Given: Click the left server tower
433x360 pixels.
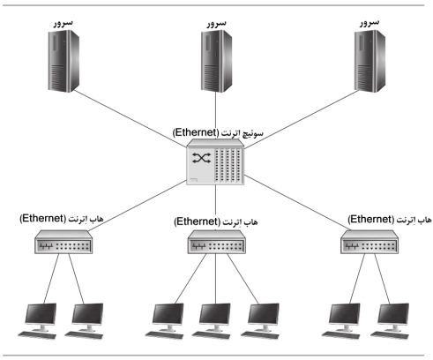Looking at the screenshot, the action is (x=63, y=61).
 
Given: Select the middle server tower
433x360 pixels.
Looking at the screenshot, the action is (x=216, y=61).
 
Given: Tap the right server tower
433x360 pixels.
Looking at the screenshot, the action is (x=370, y=61).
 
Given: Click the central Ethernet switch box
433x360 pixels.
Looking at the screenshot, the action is (x=215, y=161).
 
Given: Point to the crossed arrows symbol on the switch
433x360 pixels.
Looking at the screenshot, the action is (x=202, y=158).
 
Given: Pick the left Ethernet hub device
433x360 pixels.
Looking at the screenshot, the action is (x=63, y=242).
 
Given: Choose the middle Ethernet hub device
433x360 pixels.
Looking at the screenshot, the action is (x=217, y=242).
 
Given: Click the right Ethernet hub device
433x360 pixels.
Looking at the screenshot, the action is (x=370, y=242).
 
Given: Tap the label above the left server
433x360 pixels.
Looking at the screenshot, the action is (x=63, y=23).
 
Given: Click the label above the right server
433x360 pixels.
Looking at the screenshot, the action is (x=370, y=23).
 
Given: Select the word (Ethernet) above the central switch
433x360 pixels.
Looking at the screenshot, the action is (x=196, y=132).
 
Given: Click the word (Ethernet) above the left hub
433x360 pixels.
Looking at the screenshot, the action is (x=43, y=219).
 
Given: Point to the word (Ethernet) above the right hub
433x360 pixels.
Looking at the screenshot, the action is (x=371, y=220).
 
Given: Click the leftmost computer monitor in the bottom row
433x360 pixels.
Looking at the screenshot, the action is (x=41, y=314).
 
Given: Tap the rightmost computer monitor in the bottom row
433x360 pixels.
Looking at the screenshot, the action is (x=393, y=314).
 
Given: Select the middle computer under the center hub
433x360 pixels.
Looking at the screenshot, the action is (x=214, y=321).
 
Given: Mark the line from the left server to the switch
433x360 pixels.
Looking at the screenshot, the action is (x=130, y=118).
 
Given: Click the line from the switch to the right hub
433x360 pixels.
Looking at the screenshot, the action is (x=296, y=202).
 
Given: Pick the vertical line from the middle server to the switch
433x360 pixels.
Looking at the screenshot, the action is (x=216, y=116).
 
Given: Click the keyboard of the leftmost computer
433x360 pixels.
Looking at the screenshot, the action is (x=37, y=335).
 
